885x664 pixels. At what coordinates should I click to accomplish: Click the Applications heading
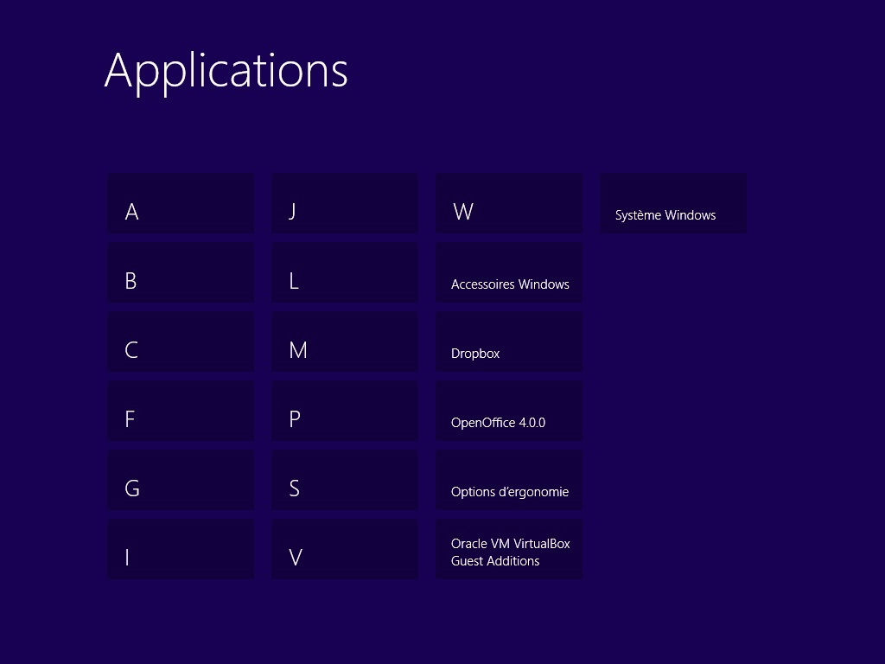tap(226, 71)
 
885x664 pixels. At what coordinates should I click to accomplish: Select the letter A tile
tap(181, 203)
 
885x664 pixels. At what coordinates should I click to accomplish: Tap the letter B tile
tap(181, 272)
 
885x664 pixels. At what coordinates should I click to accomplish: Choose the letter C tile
tap(181, 342)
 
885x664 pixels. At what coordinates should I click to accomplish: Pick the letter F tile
tap(181, 411)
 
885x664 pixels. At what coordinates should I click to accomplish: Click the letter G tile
tap(181, 480)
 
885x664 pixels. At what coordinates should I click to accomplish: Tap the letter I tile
tap(181, 549)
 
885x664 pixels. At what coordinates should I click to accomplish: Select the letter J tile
tap(345, 203)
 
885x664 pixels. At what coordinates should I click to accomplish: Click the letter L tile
tap(345, 272)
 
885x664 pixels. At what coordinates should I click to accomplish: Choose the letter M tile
tap(345, 342)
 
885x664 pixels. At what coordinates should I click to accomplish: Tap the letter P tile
tap(345, 411)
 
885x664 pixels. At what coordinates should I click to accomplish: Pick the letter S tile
tap(345, 480)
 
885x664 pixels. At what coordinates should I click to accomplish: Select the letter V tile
tap(345, 549)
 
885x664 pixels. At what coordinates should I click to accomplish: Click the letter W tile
tap(509, 203)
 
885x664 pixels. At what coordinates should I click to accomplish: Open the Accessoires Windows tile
tap(509, 272)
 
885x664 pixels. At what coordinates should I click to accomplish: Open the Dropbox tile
tap(509, 342)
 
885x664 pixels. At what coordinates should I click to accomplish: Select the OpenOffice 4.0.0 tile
tap(509, 411)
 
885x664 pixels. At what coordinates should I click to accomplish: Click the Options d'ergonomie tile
tap(509, 480)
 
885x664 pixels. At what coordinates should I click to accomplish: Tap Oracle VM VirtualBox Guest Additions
tap(509, 549)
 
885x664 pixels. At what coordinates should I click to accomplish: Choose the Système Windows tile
tap(673, 203)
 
